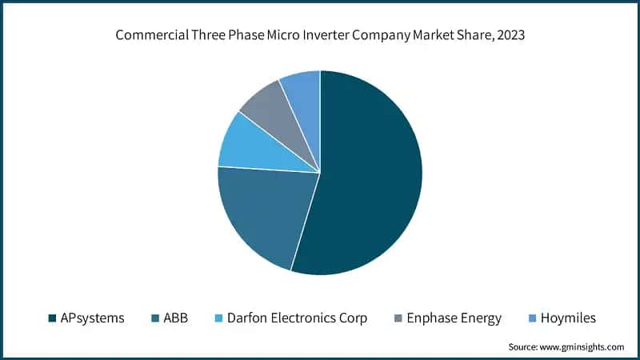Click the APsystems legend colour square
point(53,318)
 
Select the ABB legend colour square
point(154,318)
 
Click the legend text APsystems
point(92,318)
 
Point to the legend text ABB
point(175,318)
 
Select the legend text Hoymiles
point(568,318)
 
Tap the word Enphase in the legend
point(433,318)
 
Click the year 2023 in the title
point(509,35)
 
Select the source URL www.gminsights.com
point(583,346)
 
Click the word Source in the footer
point(524,346)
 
